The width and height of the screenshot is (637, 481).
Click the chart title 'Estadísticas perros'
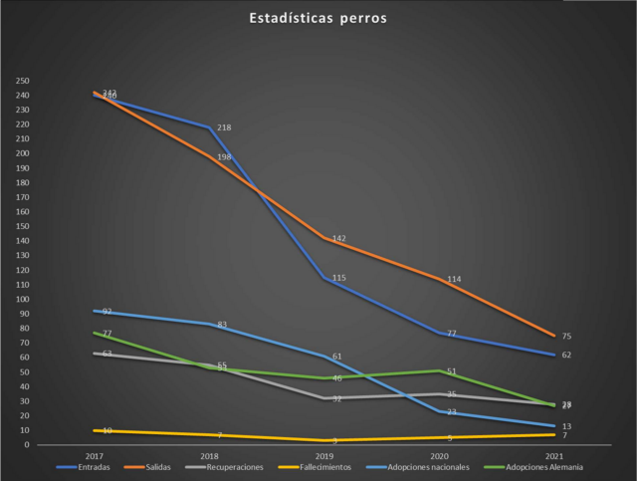pos(318,18)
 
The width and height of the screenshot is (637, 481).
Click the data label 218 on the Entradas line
pos(224,128)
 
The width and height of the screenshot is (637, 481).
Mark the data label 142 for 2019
pos(339,239)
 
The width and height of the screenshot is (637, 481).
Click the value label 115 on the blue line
pos(339,278)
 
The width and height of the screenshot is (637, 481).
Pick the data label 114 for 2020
pos(454,280)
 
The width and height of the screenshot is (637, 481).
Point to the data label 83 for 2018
pos(221,325)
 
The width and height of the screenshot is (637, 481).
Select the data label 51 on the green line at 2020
pos(451,371)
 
